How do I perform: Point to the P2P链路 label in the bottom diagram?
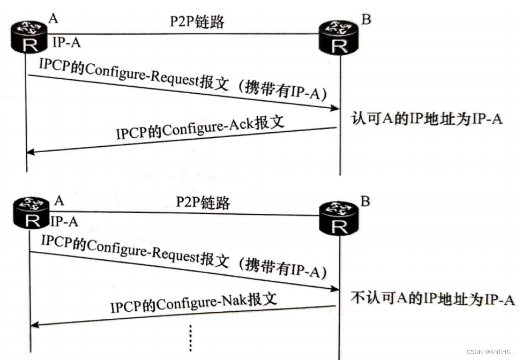pyautogui.click(x=203, y=202)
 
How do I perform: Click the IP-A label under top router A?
pyautogui.click(x=66, y=43)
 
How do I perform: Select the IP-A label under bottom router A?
pyautogui.click(x=64, y=221)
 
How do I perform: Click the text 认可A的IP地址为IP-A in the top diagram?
pyautogui.click(x=427, y=118)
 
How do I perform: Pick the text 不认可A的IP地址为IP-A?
pyautogui.click(x=433, y=299)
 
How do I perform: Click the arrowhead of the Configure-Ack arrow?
pyautogui.click(x=31, y=152)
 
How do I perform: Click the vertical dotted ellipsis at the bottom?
pyautogui.click(x=191, y=337)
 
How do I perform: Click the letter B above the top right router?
pyautogui.click(x=366, y=20)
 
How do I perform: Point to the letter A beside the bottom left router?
pyautogui.click(x=59, y=200)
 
